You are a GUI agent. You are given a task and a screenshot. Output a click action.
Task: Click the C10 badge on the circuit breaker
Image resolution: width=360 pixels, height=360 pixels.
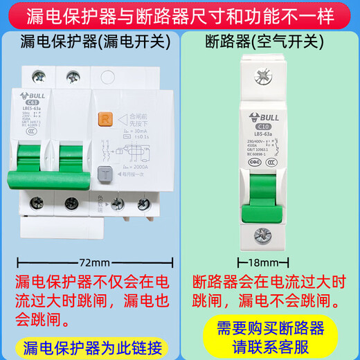pos(263,125)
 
